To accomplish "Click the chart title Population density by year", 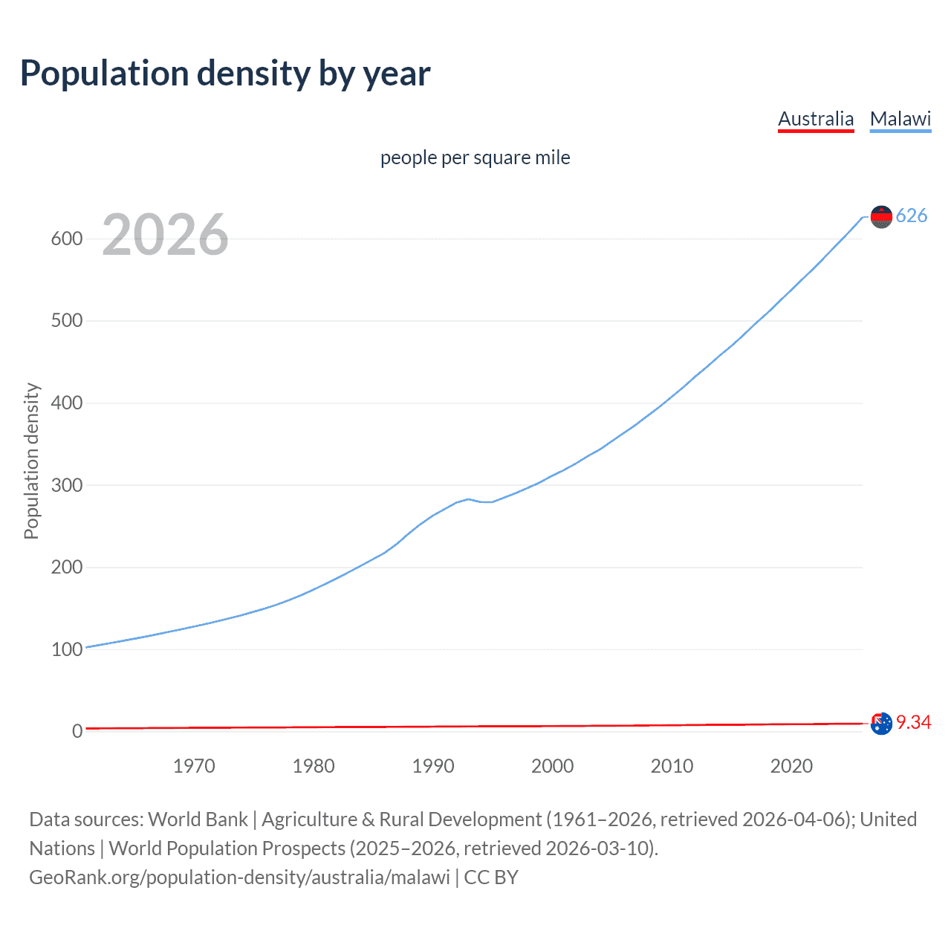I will coord(225,74).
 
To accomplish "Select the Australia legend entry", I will coord(816,119).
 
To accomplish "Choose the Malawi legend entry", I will coord(900,119).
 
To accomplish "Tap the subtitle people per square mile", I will coord(475,158).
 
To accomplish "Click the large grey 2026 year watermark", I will coord(165,235).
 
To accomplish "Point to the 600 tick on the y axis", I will coord(66,238).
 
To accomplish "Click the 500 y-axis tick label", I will coord(66,321).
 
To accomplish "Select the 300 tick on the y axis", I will coord(66,485).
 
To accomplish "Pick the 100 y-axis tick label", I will coord(66,649).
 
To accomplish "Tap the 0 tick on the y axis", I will coord(77,731).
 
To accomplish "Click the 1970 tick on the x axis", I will coord(194,766).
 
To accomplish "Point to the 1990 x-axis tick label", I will coord(433,766).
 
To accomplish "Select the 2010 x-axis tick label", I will coord(672,766).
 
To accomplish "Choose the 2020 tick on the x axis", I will coord(791,766).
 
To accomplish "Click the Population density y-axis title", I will coord(31,461).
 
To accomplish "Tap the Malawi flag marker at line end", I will coord(881,216).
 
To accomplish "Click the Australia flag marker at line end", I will coord(881,723).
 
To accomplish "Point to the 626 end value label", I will coord(912,215).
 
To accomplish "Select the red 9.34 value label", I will coord(913,722).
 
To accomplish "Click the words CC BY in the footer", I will coord(491,877).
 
